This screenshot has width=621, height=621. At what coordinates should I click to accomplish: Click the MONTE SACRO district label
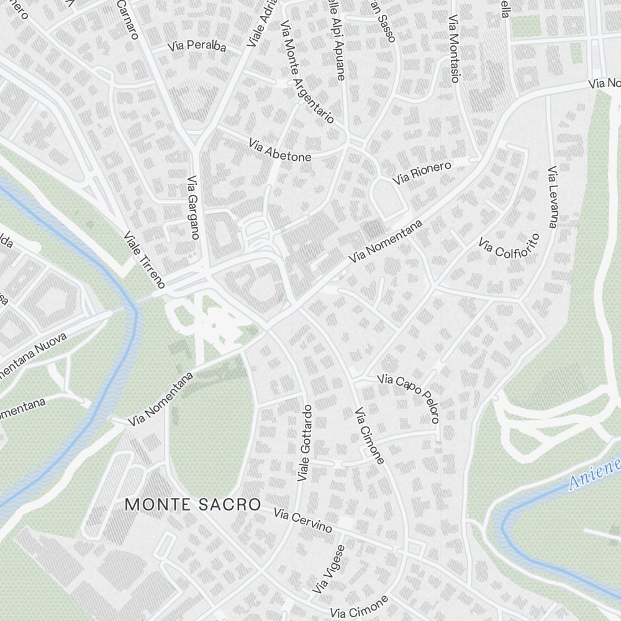pyautogui.click(x=193, y=504)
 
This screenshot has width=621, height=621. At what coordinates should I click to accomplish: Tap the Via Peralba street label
pyautogui.click(x=196, y=47)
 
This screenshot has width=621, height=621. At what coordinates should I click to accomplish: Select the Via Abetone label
pyautogui.click(x=279, y=150)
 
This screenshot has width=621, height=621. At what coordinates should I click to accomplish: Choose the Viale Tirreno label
pyautogui.click(x=145, y=260)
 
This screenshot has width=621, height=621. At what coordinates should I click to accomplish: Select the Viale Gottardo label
pyautogui.click(x=304, y=443)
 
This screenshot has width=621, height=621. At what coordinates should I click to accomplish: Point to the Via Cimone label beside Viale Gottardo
pyautogui.click(x=369, y=436)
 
